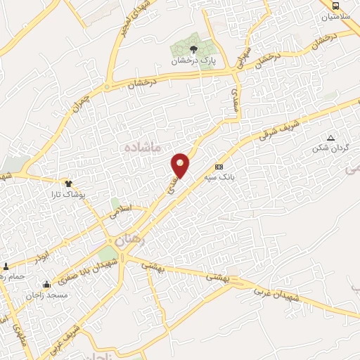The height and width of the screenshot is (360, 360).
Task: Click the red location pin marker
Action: pyautogui.click(x=181, y=165)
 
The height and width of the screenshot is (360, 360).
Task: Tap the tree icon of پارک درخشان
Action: pyautogui.click(x=193, y=49)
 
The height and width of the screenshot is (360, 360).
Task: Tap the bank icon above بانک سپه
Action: pyautogui.click(x=219, y=167)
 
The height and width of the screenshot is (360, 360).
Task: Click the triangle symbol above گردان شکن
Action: pyautogui.click(x=330, y=138)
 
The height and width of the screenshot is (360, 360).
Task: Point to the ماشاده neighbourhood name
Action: pyautogui.click(x=143, y=147)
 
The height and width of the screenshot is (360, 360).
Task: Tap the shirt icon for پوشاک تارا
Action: pyautogui.click(x=68, y=183)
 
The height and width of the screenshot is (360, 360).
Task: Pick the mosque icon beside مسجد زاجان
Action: pyautogui.click(x=46, y=285)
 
